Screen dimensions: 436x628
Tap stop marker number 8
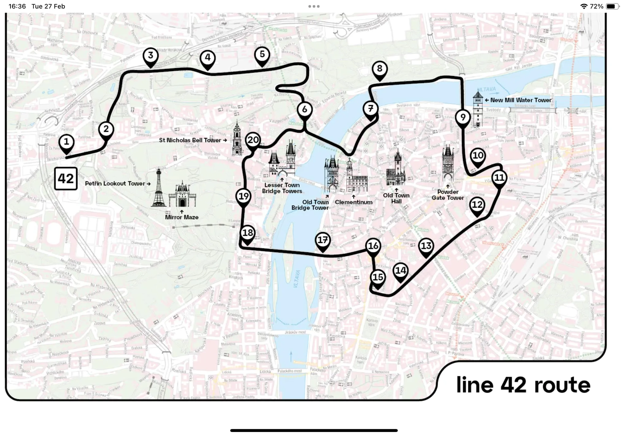coord(380,69)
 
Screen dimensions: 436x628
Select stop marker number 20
coord(253,140)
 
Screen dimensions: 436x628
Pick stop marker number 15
coord(378,277)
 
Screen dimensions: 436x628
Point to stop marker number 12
coord(477,205)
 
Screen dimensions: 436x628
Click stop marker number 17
coord(323,240)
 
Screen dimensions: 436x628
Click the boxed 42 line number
coord(66,179)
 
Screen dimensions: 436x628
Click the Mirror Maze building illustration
coord(182,195)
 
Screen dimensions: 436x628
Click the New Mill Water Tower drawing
coord(478,109)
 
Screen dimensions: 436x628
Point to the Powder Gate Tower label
coord(448,195)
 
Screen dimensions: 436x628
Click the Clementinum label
coord(354,202)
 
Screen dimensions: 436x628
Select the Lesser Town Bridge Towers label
coord(282,188)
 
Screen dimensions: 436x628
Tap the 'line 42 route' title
coord(523,385)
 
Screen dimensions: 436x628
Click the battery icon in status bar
coord(612,6)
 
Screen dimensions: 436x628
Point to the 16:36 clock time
coord(17,6)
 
